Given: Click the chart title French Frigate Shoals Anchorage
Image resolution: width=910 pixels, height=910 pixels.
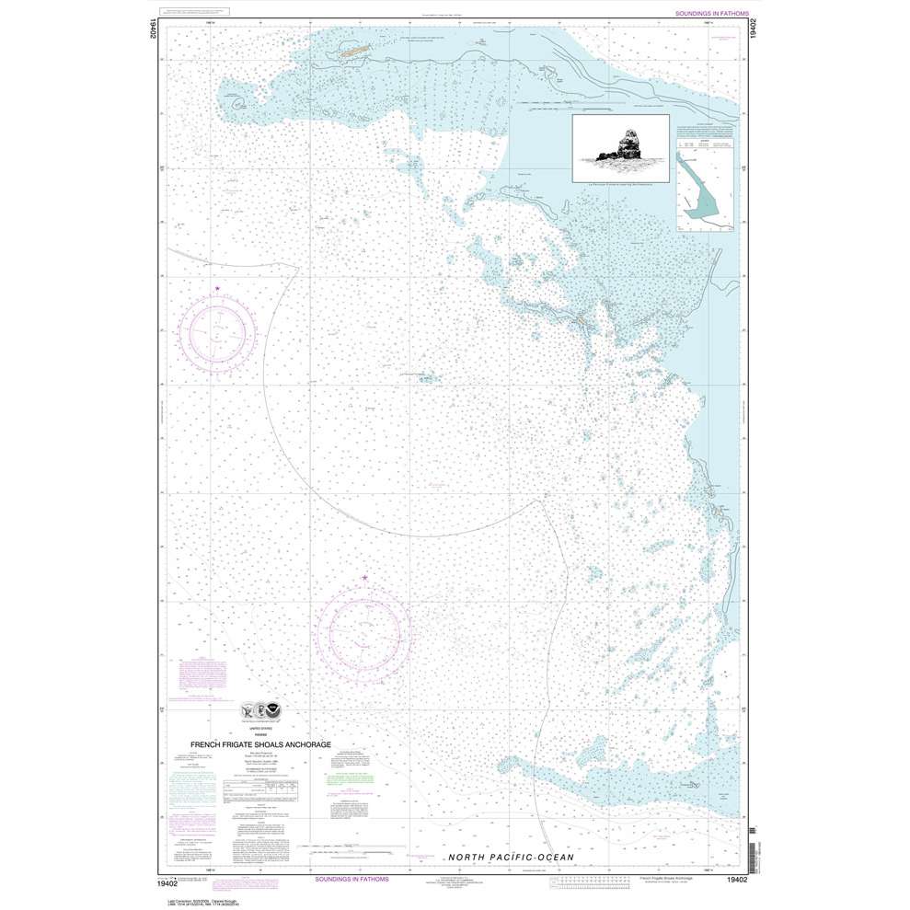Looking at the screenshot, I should (259, 745).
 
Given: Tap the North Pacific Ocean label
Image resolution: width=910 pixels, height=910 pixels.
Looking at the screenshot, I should (511, 858).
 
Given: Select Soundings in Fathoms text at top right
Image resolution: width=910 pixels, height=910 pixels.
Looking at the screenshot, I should (711, 15).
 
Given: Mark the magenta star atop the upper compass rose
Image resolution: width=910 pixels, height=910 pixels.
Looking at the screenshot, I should (217, 290).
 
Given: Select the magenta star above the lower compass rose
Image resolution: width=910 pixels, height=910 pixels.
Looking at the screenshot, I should (365, 578).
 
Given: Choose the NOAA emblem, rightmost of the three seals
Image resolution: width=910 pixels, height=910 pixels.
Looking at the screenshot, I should (277, 710).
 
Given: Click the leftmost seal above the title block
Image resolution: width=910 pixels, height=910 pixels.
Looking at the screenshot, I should (247, 710).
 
